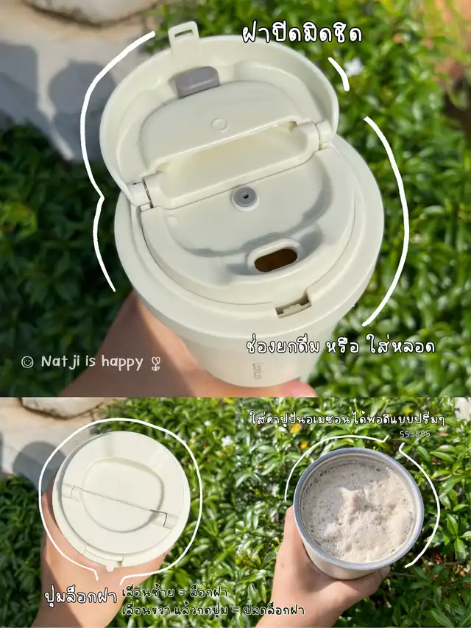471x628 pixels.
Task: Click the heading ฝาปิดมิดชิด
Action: [302, 34]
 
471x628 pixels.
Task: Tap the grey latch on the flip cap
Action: [196, 82]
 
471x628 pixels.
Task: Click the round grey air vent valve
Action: [245, 197]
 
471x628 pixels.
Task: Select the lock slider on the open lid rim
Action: [293, 308]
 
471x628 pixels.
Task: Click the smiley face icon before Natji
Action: [27, 362]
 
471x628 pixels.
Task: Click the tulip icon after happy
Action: [156, 364]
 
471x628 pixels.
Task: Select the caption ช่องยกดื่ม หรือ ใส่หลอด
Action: [341, 347]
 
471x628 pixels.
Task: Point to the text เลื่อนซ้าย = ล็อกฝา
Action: [174, 593]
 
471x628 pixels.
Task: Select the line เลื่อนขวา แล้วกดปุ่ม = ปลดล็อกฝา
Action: [213, 610]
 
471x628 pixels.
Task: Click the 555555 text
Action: [414, 434]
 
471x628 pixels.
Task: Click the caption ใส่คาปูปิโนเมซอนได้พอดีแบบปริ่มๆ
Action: [347, 420]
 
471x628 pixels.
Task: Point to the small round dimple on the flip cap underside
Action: [219, 124]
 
